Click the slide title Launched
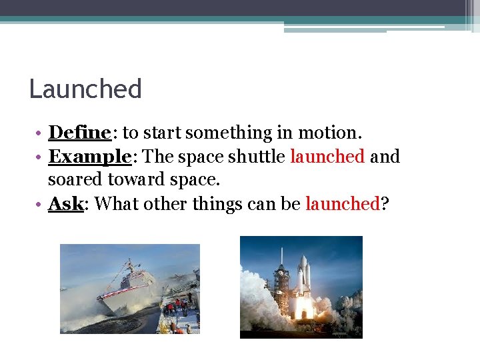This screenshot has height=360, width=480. tap(85, 89)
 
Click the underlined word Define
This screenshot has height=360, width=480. tap(79, 133)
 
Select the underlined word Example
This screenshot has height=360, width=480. tap(89, 157)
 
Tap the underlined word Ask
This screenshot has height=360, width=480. tap(65, 204)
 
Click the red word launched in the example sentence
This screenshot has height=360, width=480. tap(327, 157)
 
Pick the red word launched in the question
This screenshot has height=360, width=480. tap(342, 204)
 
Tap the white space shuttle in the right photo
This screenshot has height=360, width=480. tap(303, 277)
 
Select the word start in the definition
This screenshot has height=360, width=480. tap(161, 133)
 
